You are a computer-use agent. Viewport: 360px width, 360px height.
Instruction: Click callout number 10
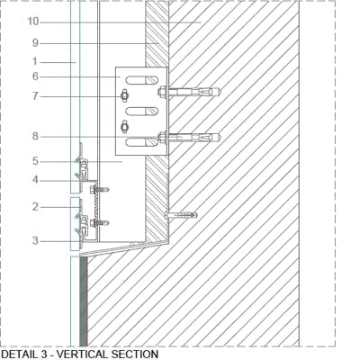tap(33, 22)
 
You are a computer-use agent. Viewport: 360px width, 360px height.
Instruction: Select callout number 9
tap(35, 43)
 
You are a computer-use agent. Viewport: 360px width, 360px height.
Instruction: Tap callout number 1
tap(35, 62)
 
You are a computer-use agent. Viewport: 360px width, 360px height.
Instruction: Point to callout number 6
tap(35, 76)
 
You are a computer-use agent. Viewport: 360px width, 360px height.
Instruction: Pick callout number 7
tap(35, 96)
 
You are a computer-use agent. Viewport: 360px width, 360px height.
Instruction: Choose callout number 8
tap(35, 136)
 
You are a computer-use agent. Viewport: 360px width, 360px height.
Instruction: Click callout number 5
tap(35, 161)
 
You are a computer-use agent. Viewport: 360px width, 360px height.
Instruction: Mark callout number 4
tap(35, 180)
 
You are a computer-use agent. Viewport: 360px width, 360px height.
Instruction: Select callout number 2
tap(35, 207)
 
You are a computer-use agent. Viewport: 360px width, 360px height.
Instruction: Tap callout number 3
tap(35, 240)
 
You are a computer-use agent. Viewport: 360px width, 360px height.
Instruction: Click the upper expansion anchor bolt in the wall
tap(190, 91)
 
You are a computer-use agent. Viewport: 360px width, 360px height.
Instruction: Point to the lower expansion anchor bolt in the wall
tap(190, 138)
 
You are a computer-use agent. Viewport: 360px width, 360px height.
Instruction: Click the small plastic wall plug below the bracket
tap(181, 215)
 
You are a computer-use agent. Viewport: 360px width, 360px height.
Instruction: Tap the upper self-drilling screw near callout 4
tap(99, 189)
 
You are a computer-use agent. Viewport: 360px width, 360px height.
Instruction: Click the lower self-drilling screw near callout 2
tap(99, 223)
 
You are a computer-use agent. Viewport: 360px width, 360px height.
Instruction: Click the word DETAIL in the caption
tap(19, 354)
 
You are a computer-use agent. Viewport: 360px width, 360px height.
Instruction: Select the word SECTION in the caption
tap(135, 354)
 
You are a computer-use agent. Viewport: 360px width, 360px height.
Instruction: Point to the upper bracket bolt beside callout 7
tap(124, 96)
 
